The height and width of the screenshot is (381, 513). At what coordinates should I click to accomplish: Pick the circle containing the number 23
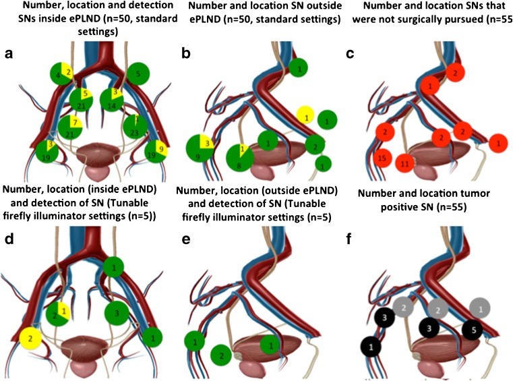(x=135, y=126)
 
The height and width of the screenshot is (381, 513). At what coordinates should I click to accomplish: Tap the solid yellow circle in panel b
(x=305, y=116)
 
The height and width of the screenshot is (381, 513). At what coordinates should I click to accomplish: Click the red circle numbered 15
(x=382, y=158)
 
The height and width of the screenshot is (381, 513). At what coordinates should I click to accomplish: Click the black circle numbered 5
(x=473, y=330)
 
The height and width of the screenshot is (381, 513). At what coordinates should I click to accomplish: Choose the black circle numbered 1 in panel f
(x=371, y=347)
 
